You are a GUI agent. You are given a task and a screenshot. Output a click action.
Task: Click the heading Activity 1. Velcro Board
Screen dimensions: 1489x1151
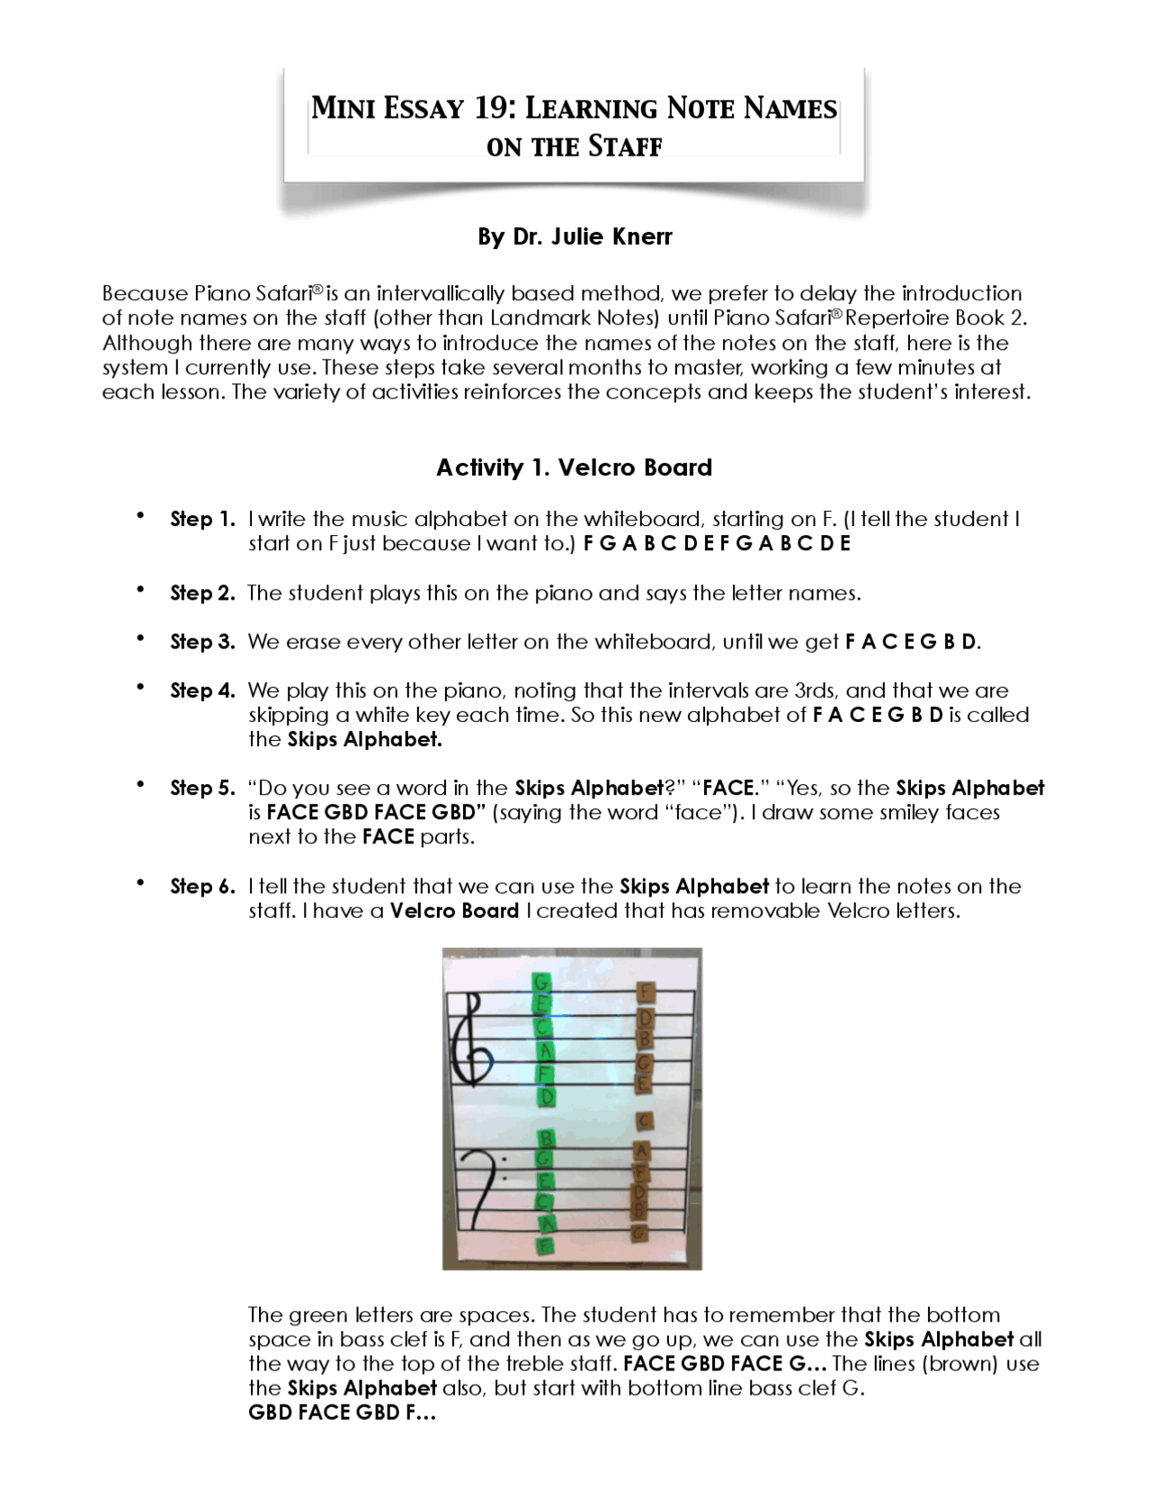pos(574,468)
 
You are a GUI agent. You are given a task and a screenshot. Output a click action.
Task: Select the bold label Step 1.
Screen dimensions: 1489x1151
pos(202,519)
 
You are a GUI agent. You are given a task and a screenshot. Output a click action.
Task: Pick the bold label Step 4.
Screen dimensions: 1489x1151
pos(202,691)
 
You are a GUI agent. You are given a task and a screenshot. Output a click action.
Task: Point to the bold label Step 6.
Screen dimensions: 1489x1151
pos(202,887)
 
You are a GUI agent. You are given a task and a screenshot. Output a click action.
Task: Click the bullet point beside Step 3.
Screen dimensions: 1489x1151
pos(140,638)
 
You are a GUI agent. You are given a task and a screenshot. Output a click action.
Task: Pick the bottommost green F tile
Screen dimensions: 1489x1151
pos(543,1245)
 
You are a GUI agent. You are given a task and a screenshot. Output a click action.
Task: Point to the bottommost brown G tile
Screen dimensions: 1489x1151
pos(640,1233)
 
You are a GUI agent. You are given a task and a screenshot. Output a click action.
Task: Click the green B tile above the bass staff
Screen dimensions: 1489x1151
pos(544,1138)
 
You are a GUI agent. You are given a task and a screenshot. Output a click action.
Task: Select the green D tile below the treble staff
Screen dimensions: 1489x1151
pos(545,1097)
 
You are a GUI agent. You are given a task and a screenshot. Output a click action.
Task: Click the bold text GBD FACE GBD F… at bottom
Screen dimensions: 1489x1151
pos(342,1413)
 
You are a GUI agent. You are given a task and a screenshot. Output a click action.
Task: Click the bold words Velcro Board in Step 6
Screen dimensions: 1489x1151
pos(454,911)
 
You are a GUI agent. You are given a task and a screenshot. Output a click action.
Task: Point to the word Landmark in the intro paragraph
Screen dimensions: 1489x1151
pos(527,318)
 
